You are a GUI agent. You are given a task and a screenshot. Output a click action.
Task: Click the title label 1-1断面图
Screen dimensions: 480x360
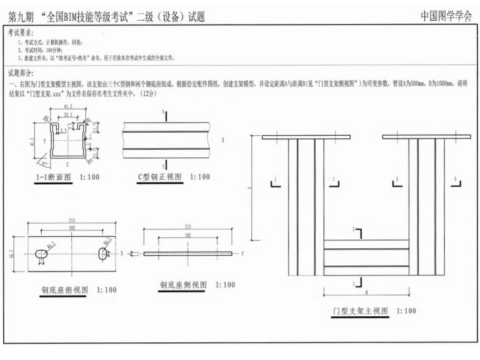click(53, 177)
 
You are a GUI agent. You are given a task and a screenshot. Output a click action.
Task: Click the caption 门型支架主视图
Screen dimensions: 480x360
click(357, 311)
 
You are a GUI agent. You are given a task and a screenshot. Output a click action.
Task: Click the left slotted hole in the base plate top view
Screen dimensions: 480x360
click(41, 253)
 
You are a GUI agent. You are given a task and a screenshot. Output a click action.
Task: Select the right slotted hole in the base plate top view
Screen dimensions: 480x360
click(104, 253)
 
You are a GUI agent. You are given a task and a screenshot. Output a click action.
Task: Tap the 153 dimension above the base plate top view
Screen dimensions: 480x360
click(72, 220)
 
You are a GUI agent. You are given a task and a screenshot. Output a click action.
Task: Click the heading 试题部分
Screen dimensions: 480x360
click(21, 73)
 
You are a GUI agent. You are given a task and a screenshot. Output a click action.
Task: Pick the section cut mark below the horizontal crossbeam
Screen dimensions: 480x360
click(357, 284)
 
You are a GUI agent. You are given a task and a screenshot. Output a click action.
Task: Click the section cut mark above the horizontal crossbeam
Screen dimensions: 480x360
click(357, 234)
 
